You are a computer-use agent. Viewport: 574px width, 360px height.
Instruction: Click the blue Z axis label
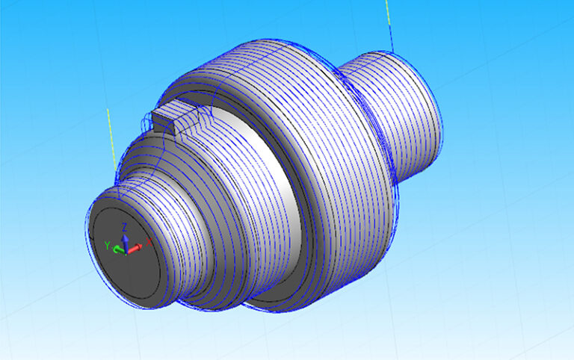pos(125,226)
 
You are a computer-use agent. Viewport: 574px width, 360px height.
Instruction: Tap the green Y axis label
pos(108,245)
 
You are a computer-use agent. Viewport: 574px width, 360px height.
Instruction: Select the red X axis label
pos(149,240)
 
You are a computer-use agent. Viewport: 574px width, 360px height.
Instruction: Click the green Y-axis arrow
pos(118,249)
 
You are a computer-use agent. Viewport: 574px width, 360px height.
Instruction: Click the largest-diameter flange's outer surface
pos(336,187)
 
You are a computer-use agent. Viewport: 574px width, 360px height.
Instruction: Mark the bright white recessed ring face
pos(280,194)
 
